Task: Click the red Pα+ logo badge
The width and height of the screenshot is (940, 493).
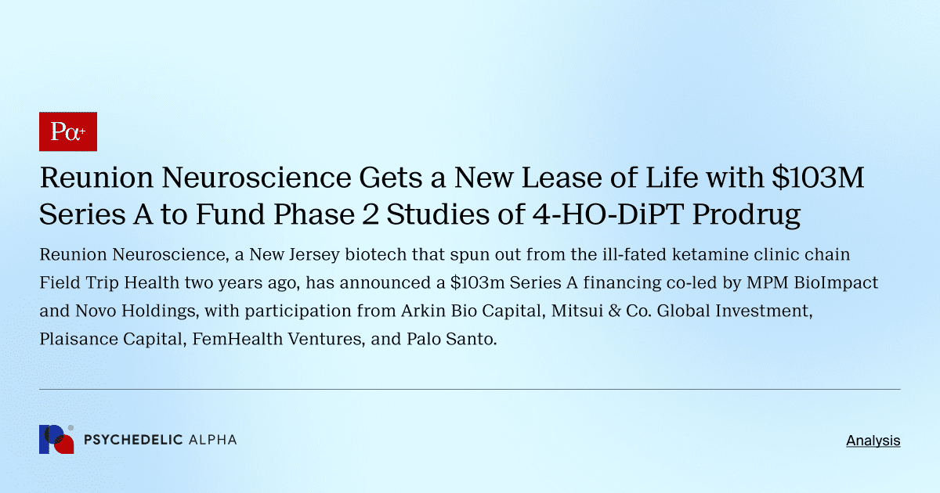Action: (67, 131)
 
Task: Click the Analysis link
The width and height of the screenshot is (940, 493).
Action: (873, 441)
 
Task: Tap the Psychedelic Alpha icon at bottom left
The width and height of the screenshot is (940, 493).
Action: (56, 440)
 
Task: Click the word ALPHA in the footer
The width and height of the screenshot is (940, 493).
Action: (212, 440)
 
